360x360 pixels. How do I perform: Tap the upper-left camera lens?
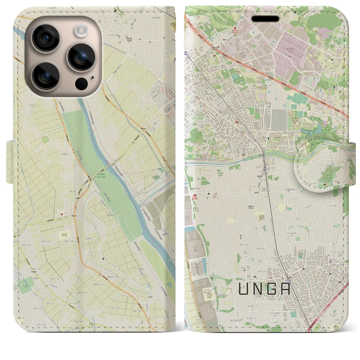46,38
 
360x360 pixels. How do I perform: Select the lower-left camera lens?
46,75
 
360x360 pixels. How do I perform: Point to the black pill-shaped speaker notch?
265,19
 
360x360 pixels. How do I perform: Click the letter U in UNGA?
244,289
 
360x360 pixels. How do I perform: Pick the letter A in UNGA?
286,289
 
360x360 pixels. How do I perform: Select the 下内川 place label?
26,104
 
